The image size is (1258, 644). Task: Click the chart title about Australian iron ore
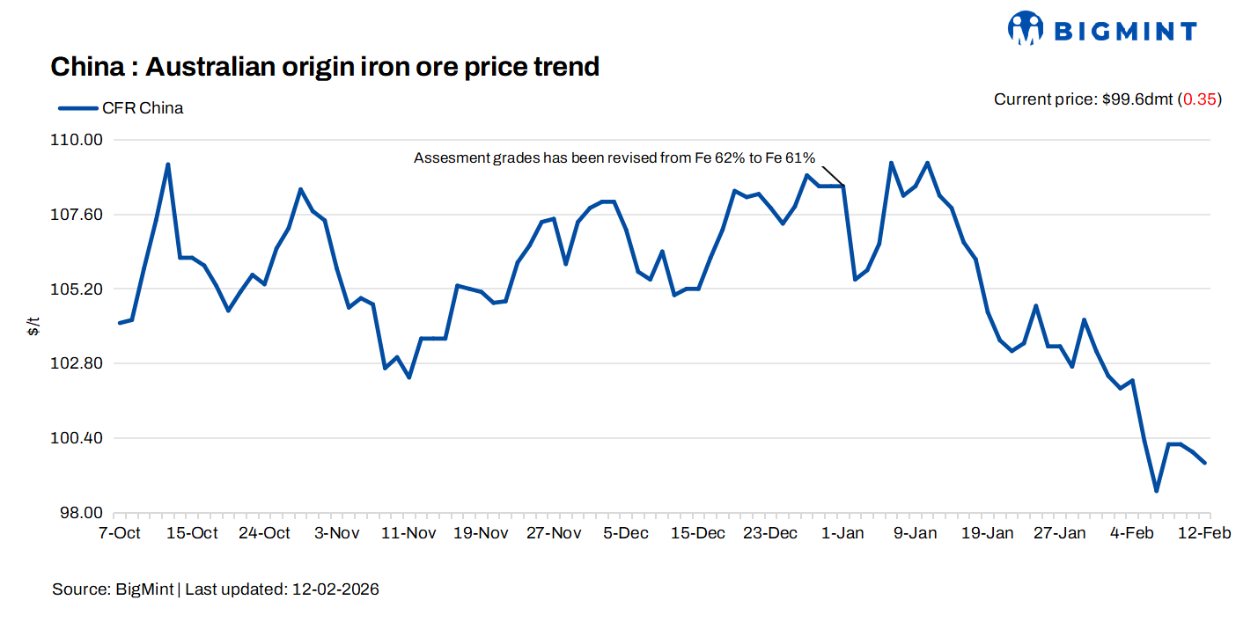coord(325,66)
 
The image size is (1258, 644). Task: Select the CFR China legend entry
coord(121,108)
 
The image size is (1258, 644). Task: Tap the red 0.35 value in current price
coord(1199,99)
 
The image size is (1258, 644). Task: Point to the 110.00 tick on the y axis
coord(80,140)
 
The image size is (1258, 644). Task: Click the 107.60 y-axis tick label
coord(80,215)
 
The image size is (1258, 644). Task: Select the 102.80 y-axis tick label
coord(80,363)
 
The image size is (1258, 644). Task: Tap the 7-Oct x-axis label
coord(119,533)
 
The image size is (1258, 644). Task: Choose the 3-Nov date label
coord(336,533)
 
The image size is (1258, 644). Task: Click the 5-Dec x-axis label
coord(625,533)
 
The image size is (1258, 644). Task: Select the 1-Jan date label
coord(842,533)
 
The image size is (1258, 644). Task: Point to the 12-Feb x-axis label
coord(1205,533)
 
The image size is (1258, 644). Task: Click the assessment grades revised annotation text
coord(614,158)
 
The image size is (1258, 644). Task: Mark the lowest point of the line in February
coord(1156,491)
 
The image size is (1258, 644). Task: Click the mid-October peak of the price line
coord(167,165)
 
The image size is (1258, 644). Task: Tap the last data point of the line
coord(1204,463)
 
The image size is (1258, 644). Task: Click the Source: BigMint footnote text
coord(216,589)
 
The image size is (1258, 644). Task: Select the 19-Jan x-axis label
coord(987,533)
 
